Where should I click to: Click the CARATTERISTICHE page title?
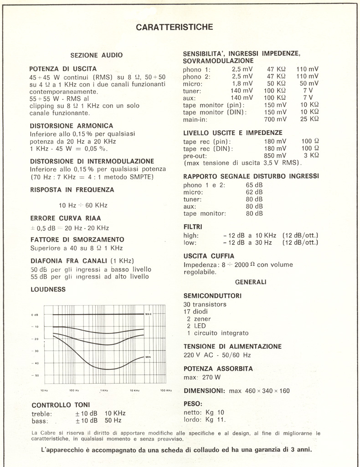pos(175,27)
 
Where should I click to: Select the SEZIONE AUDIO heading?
pos(97,55)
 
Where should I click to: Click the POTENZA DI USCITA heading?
pos(63,69)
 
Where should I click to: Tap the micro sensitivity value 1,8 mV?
pos(242,83)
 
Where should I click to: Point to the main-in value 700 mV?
pos(276,119)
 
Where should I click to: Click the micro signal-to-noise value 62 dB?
pos(254,192)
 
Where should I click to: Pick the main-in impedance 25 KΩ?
pos(309,119)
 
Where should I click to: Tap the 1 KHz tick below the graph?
pos(104,391)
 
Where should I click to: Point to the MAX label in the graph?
pos(148,314)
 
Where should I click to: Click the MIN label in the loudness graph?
pos(148,357)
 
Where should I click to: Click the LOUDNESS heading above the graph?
pos(48,289)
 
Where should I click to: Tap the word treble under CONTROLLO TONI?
pos(42,413)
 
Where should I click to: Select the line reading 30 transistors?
pos(205,304)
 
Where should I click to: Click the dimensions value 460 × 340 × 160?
pos(265,391)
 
